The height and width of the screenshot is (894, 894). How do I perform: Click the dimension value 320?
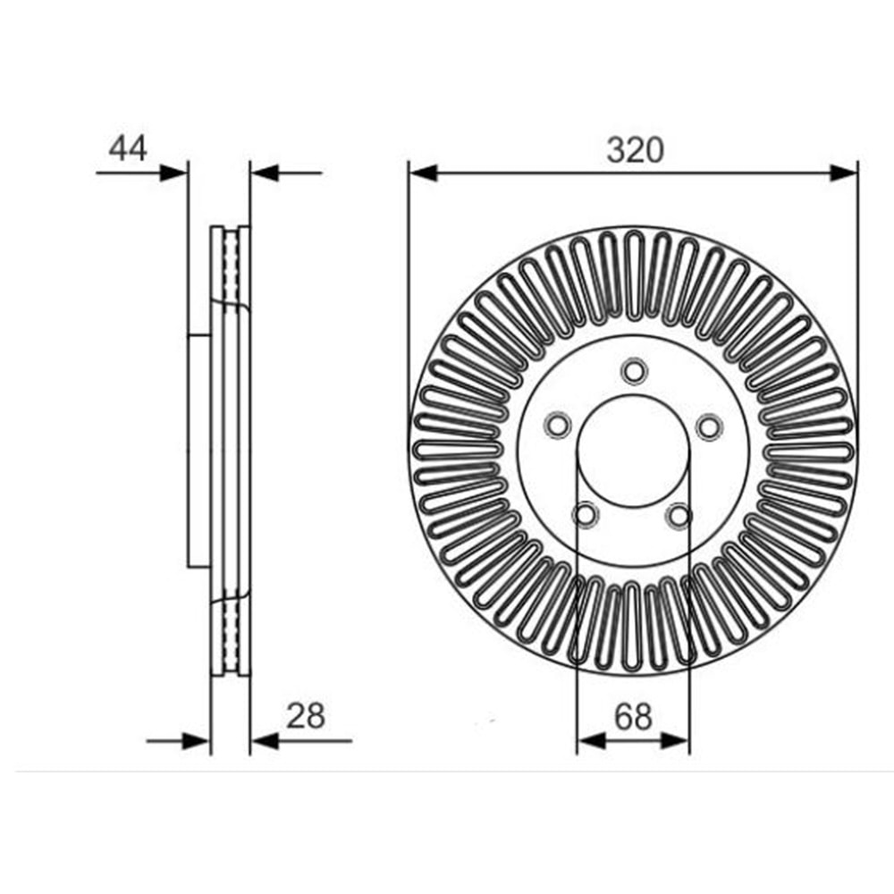(x=635, y=150)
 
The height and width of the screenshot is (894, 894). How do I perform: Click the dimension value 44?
(x=128, y=148)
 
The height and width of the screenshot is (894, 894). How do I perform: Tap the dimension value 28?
(x=306, y=715)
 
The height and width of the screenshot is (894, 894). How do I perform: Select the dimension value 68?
(x=633, y=716)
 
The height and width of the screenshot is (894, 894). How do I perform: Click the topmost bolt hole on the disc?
(x=634, y=371)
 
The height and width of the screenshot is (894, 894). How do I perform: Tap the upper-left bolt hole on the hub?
(x=558, y=425)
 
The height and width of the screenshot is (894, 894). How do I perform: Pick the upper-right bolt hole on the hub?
(x=710, y=426)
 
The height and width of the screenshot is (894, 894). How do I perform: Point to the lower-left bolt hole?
(x=586, y=515)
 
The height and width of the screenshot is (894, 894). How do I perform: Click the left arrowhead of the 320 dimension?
(x=423, y=173)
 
